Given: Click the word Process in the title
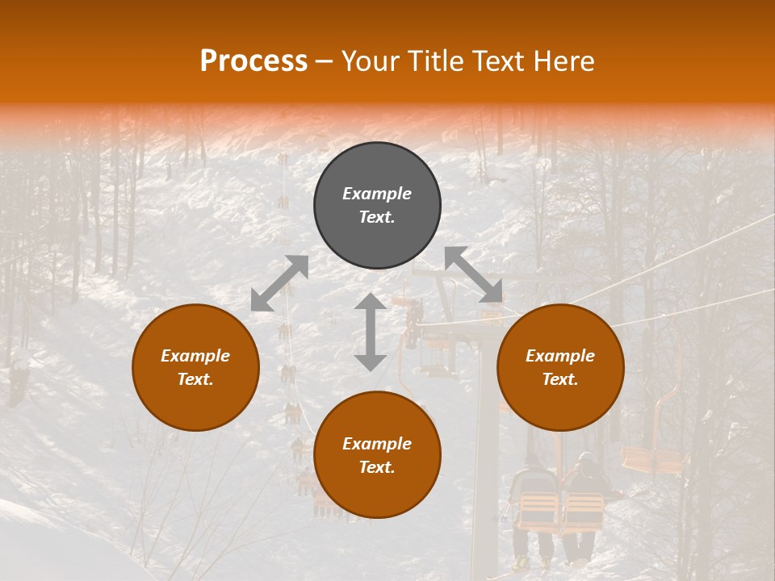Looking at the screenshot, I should (253, 61).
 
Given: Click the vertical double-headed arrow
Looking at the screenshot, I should (371, 332).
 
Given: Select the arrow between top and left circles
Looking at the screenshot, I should (279, 283).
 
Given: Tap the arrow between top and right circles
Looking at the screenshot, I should (473, 274).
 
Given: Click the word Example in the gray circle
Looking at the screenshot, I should (377, 194).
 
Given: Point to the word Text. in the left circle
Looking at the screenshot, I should (195, 379).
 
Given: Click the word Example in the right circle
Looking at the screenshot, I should (560, 356).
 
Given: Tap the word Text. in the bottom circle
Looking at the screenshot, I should (377, 467).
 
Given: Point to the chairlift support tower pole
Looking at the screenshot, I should (486, 452).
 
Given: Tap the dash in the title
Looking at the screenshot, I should (325, 61).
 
